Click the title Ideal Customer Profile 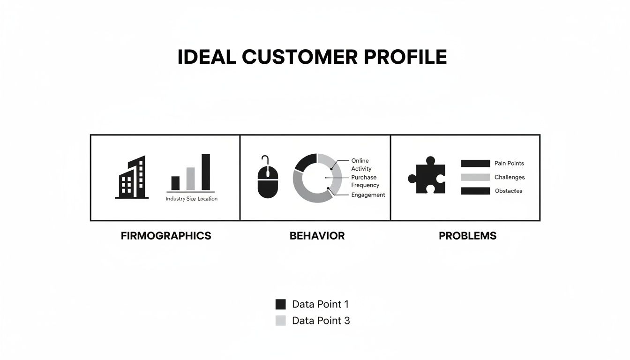[x=312, y=57]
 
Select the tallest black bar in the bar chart [x=205, y=172]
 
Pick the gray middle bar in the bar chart [x=190, y=179]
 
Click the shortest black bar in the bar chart [x=175, y=183]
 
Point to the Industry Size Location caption [x=191, y=199]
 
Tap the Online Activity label [x=361, y=165]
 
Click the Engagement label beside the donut [x=368, y=195]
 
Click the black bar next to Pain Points [x=475, y=164]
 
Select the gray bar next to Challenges [x=475, y=177]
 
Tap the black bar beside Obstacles [x=475, y=191]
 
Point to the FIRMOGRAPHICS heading [x=166, y=236]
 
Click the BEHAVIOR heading [x=317, y=236]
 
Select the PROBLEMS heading [x=467, y=236]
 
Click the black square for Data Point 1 [x=280, y=304]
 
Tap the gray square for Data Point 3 [x=280, y=321]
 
